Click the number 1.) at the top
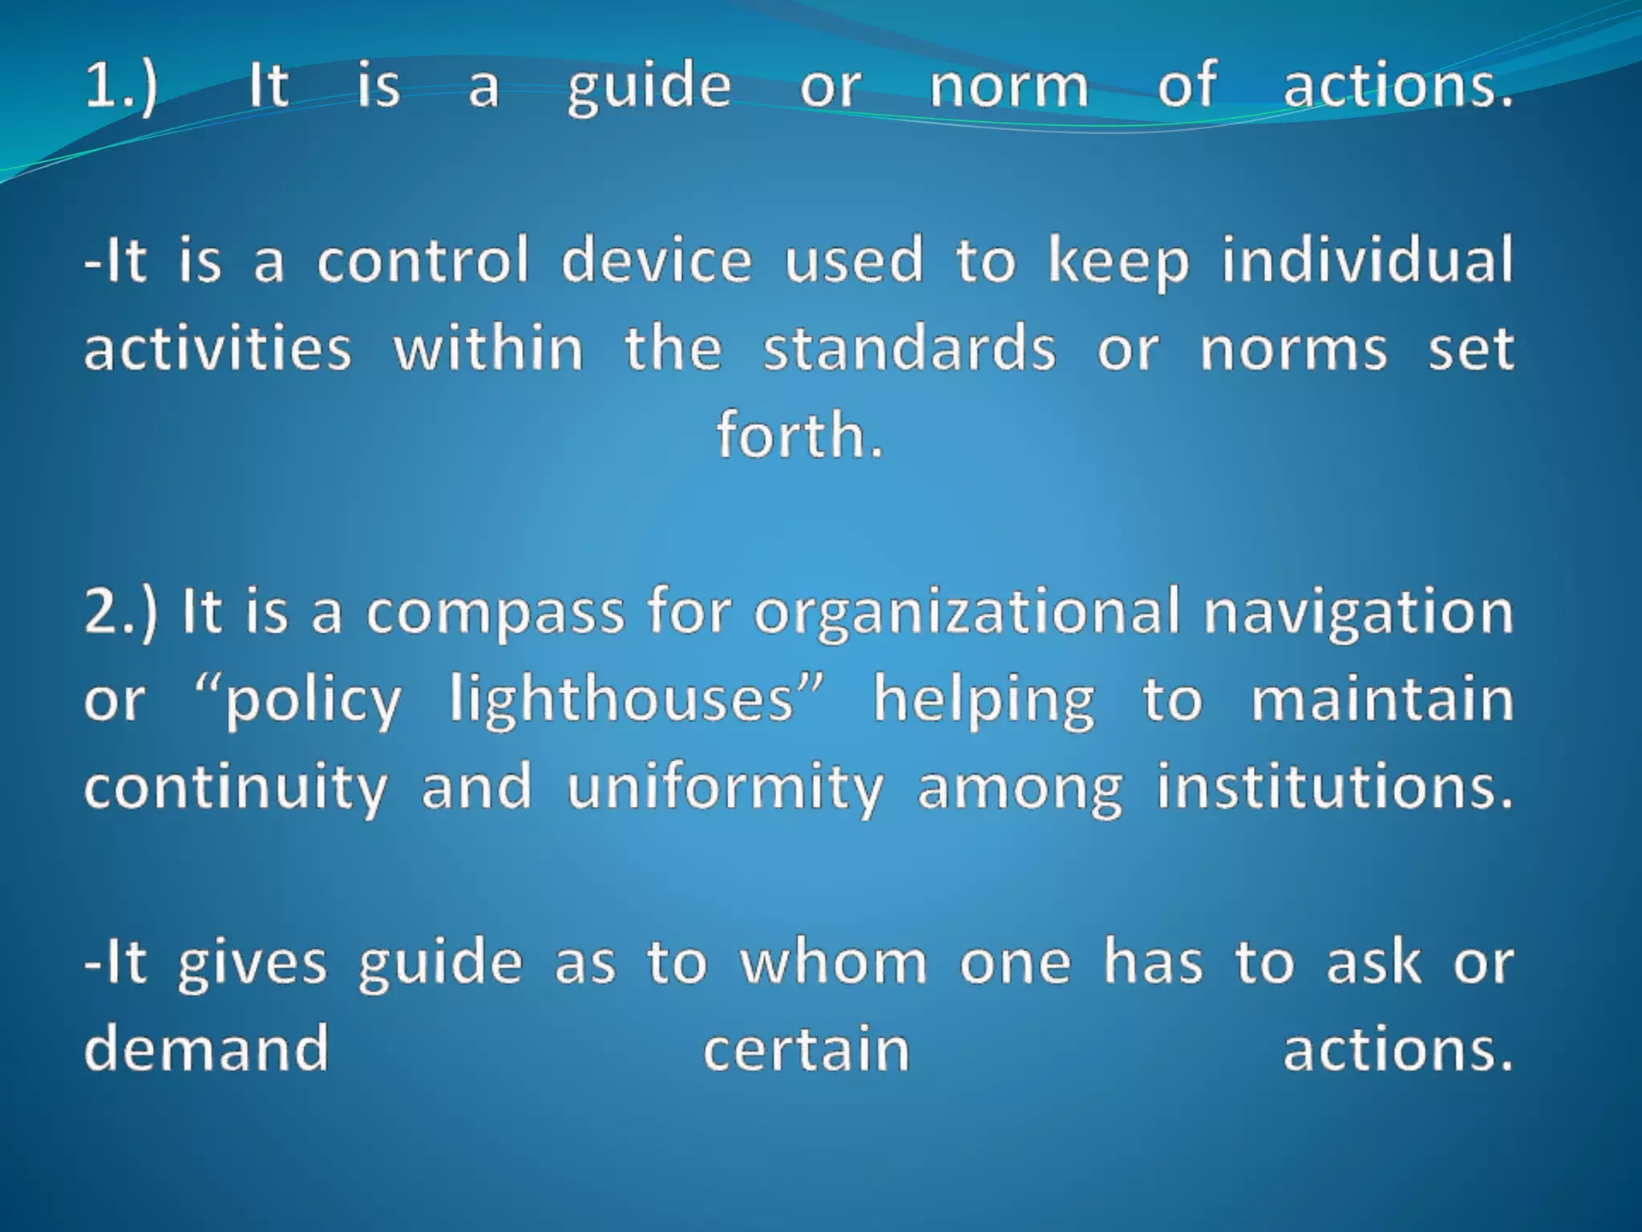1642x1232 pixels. (121, 86)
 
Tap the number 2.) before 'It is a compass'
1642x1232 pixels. (121, 612)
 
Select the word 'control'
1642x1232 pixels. (423, 261)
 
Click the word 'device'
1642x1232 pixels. (657, 261)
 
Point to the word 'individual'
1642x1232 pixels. (1368, 261)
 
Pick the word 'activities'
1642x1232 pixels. (218, 349)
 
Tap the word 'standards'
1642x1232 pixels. (909, 349)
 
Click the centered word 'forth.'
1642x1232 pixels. (799, 436)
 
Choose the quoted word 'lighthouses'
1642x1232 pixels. (621, 699)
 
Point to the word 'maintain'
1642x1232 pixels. (1382, 699)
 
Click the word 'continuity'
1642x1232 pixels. (236, 788)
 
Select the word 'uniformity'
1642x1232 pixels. (725, 788)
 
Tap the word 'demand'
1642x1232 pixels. (207, 1048)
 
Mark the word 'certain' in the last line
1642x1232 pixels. (807, 1050)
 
